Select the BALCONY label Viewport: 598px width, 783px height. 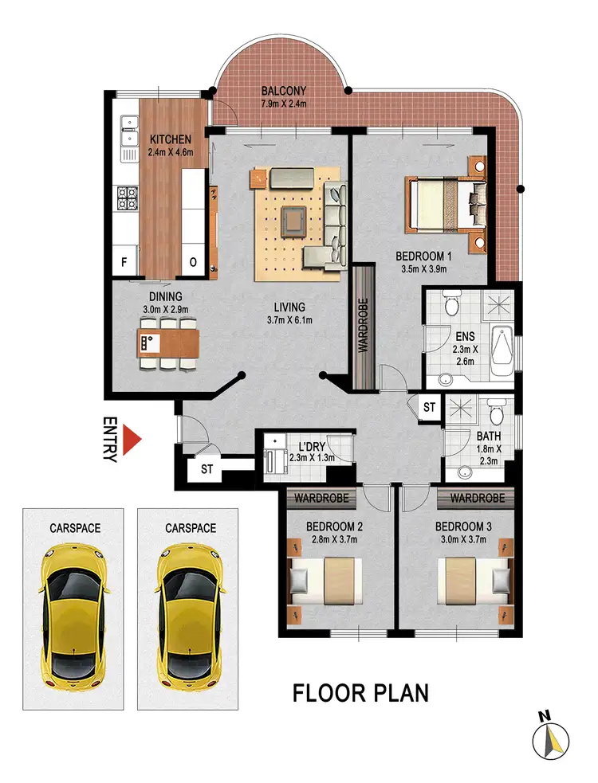[x=284, y=90]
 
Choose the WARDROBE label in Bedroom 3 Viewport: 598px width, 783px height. [x=472, y=498]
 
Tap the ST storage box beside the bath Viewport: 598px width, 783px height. [x=429, y=407]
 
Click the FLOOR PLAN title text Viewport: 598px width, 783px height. [x=360, y=692]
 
